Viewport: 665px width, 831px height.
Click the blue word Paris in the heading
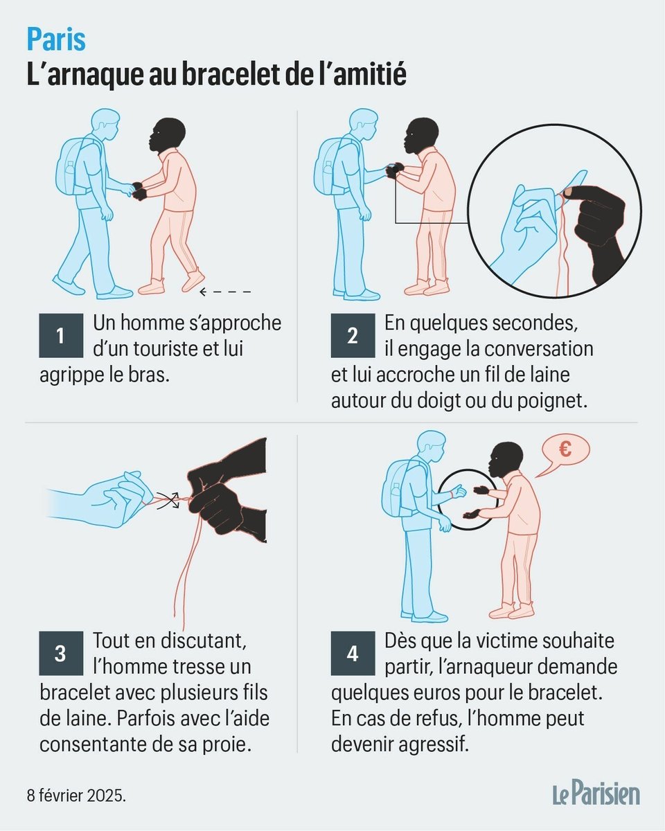tap(56, 39)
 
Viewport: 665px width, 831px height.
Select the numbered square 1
tap(61, 335)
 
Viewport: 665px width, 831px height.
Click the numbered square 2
tap(353, 335)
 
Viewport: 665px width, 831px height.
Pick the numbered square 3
tap(61, 653)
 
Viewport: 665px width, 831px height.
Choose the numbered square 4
tap(353, 653)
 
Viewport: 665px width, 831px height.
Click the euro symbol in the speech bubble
tap(565, 450)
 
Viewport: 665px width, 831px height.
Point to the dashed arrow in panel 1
tap(225, 292)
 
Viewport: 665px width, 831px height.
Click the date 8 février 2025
tap(76, 796)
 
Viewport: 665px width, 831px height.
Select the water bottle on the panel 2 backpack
tap(328, 172)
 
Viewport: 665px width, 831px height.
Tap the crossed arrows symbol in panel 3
tap(168, 501)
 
